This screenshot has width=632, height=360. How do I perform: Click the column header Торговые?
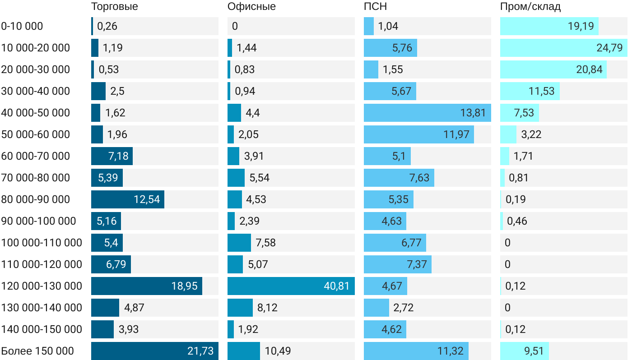(114, 6)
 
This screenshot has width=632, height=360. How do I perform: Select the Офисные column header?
(251, 6)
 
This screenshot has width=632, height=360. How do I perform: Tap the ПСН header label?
(375, 6)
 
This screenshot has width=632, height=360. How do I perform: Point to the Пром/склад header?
(530, 6)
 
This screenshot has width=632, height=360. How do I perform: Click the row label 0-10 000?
(22, 26)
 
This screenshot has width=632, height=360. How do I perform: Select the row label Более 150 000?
(37, 351)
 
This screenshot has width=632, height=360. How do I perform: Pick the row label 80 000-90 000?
(36, 199)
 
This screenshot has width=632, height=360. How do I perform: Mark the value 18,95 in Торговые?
(184, 286)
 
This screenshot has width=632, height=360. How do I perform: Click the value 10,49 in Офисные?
(278, 351)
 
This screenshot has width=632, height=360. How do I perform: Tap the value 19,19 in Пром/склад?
(581, 26)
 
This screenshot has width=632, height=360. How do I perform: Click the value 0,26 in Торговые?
(107, 26)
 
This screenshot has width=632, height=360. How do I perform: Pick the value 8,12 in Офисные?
(267, 308)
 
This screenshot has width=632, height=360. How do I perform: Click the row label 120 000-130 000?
(42, 286)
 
